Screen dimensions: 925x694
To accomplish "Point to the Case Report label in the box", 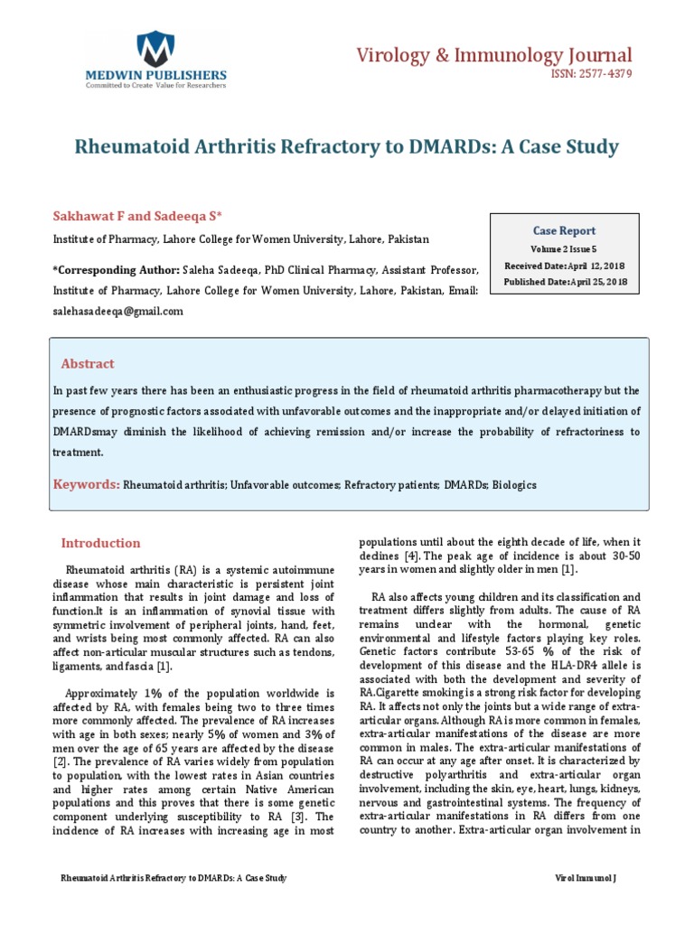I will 564,230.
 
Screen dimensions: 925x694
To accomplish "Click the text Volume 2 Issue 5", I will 564,248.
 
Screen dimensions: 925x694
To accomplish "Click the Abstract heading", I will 88,364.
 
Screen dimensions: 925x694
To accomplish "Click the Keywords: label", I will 86,485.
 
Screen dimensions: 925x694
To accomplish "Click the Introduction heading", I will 100,544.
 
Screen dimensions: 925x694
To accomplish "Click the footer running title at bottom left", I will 173,879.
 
